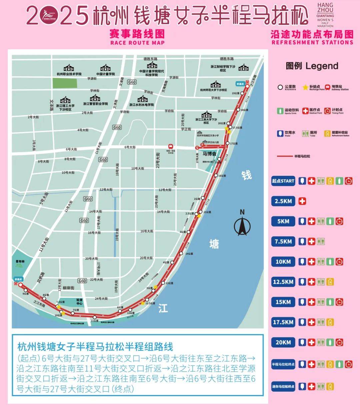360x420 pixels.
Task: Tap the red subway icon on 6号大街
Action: pos(171,146)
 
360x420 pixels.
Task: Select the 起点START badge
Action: pos(283,181)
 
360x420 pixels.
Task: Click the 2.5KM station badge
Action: pos(283,202)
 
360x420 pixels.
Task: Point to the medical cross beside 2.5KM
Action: pos(302,202)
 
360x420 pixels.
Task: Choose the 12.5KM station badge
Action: pos(283,282)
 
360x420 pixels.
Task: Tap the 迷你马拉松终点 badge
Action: pos(283,387)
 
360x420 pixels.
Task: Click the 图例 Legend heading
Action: pos(312,66)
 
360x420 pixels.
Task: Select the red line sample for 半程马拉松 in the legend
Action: pos(285,156)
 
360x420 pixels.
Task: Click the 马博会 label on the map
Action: pos(210,154)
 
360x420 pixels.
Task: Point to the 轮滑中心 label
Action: pos(79,301)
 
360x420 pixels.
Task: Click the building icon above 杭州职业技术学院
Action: pos(69,68)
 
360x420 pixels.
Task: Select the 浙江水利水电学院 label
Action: pos(142,105)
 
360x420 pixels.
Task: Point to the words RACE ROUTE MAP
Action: pos(137,43)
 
